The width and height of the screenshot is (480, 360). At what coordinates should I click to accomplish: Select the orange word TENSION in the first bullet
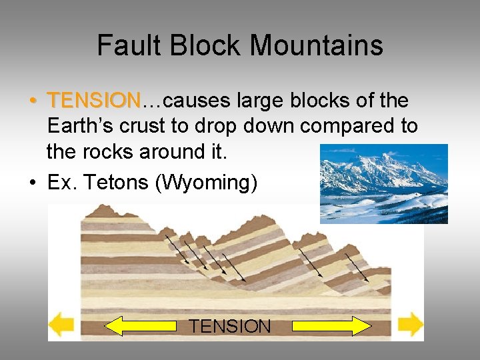click(x=93, y=101)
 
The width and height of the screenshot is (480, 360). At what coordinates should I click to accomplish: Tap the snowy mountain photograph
click(x=383, y=183)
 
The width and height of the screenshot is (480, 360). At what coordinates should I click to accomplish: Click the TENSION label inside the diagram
click(x=230, y=326)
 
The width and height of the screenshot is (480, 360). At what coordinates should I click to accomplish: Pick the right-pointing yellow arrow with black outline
click(x=331, y=325)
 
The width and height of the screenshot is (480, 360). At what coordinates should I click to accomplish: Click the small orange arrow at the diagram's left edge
click(x=62, y=325)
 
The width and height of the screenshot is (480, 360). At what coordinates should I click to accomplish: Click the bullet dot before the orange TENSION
click(x=33, y=101)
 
